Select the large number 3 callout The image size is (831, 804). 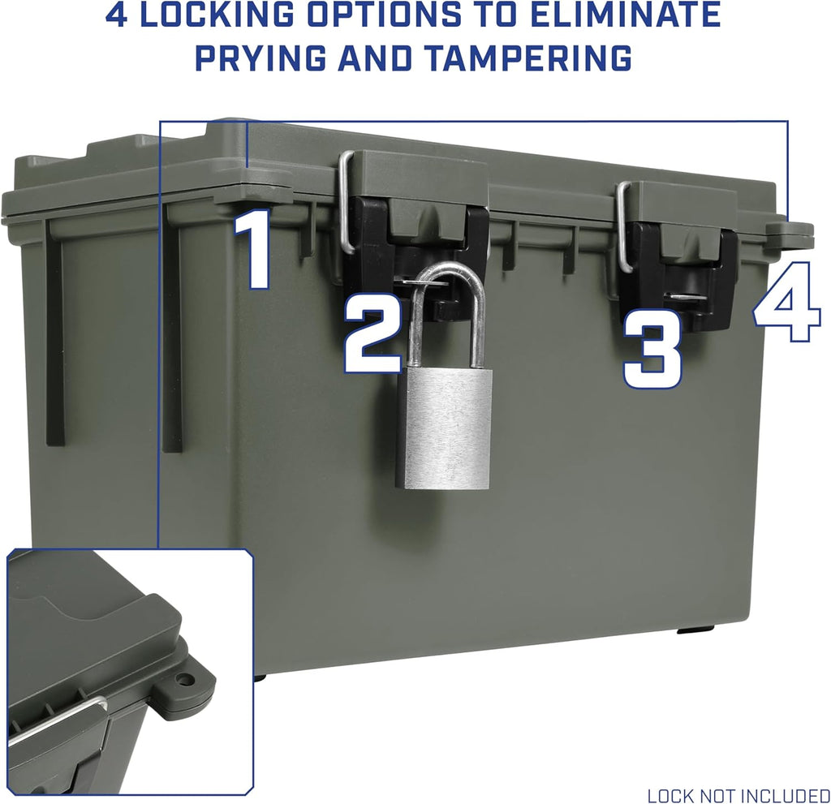pyautogui.click(x=652, y=355)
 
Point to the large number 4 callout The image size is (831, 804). pyautogui.click(x=787, y=312)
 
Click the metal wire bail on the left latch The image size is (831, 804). pyautogui.click(x=345, y=203)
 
